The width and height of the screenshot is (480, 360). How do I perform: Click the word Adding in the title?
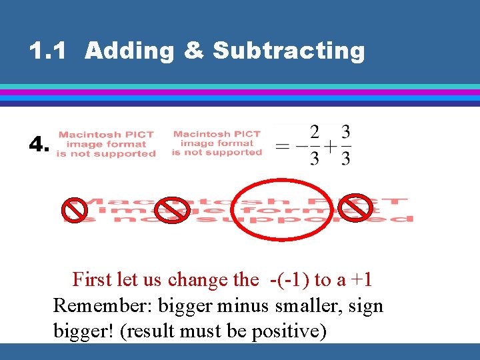[127, 51]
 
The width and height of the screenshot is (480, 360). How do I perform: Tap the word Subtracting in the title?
[289, 51]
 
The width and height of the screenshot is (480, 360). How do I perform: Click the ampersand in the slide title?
[192, 51]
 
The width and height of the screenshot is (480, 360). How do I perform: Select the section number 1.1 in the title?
[47, 51]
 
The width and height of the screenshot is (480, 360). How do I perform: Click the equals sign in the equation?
[283, 145]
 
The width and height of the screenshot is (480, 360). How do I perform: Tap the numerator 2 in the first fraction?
[315, 131]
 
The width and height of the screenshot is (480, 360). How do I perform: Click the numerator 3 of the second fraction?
[345, 131]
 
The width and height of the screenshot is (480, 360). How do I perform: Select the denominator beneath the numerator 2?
[315, 159]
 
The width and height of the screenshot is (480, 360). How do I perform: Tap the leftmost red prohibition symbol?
[74, 210]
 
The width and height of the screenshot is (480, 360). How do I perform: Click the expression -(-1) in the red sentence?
[289, 279]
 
